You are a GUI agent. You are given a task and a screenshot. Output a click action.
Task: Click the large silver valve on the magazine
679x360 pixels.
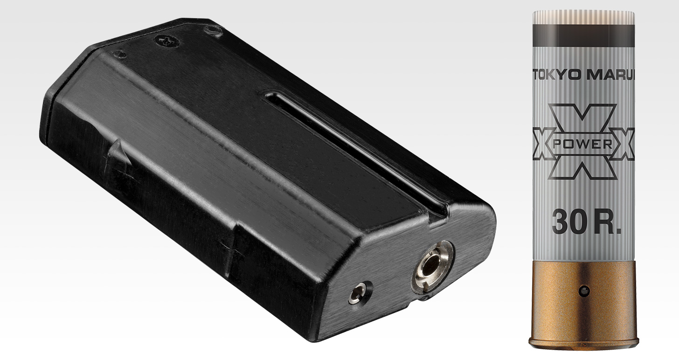tap(433, 267)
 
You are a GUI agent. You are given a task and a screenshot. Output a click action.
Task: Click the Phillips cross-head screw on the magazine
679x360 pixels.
tap(166, 42)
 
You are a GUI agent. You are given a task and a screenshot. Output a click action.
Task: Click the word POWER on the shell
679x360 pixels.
tap(583, 145)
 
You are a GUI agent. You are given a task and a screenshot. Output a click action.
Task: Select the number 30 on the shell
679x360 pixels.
tap(568, 222)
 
